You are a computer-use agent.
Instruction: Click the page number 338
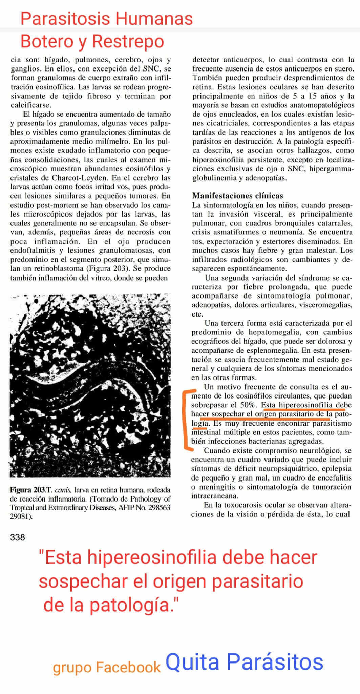click(x=18, y=537)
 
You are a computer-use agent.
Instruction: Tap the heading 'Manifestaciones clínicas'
click(x=237, y=196)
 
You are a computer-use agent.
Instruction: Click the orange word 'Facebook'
click(x=128, y=667)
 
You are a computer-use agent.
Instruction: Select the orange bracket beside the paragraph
click(x=187, y=421)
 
